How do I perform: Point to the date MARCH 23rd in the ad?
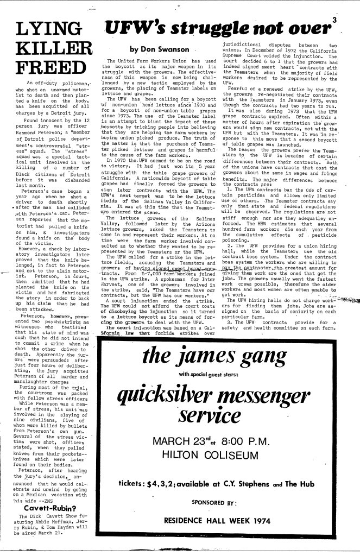(x=199, y=439)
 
